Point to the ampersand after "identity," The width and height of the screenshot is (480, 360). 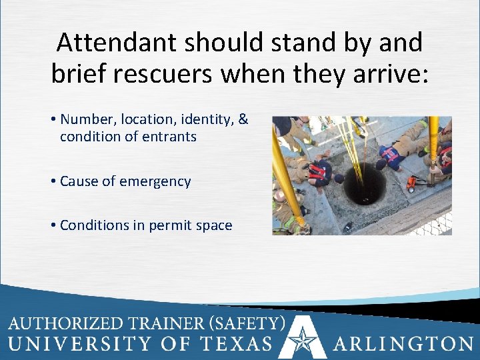pos(243,119)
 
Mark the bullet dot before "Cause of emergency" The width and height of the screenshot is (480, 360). pos(53,181)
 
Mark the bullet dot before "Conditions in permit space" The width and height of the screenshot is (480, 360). pos(53,225)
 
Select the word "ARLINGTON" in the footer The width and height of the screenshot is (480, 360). pos(404,344)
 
